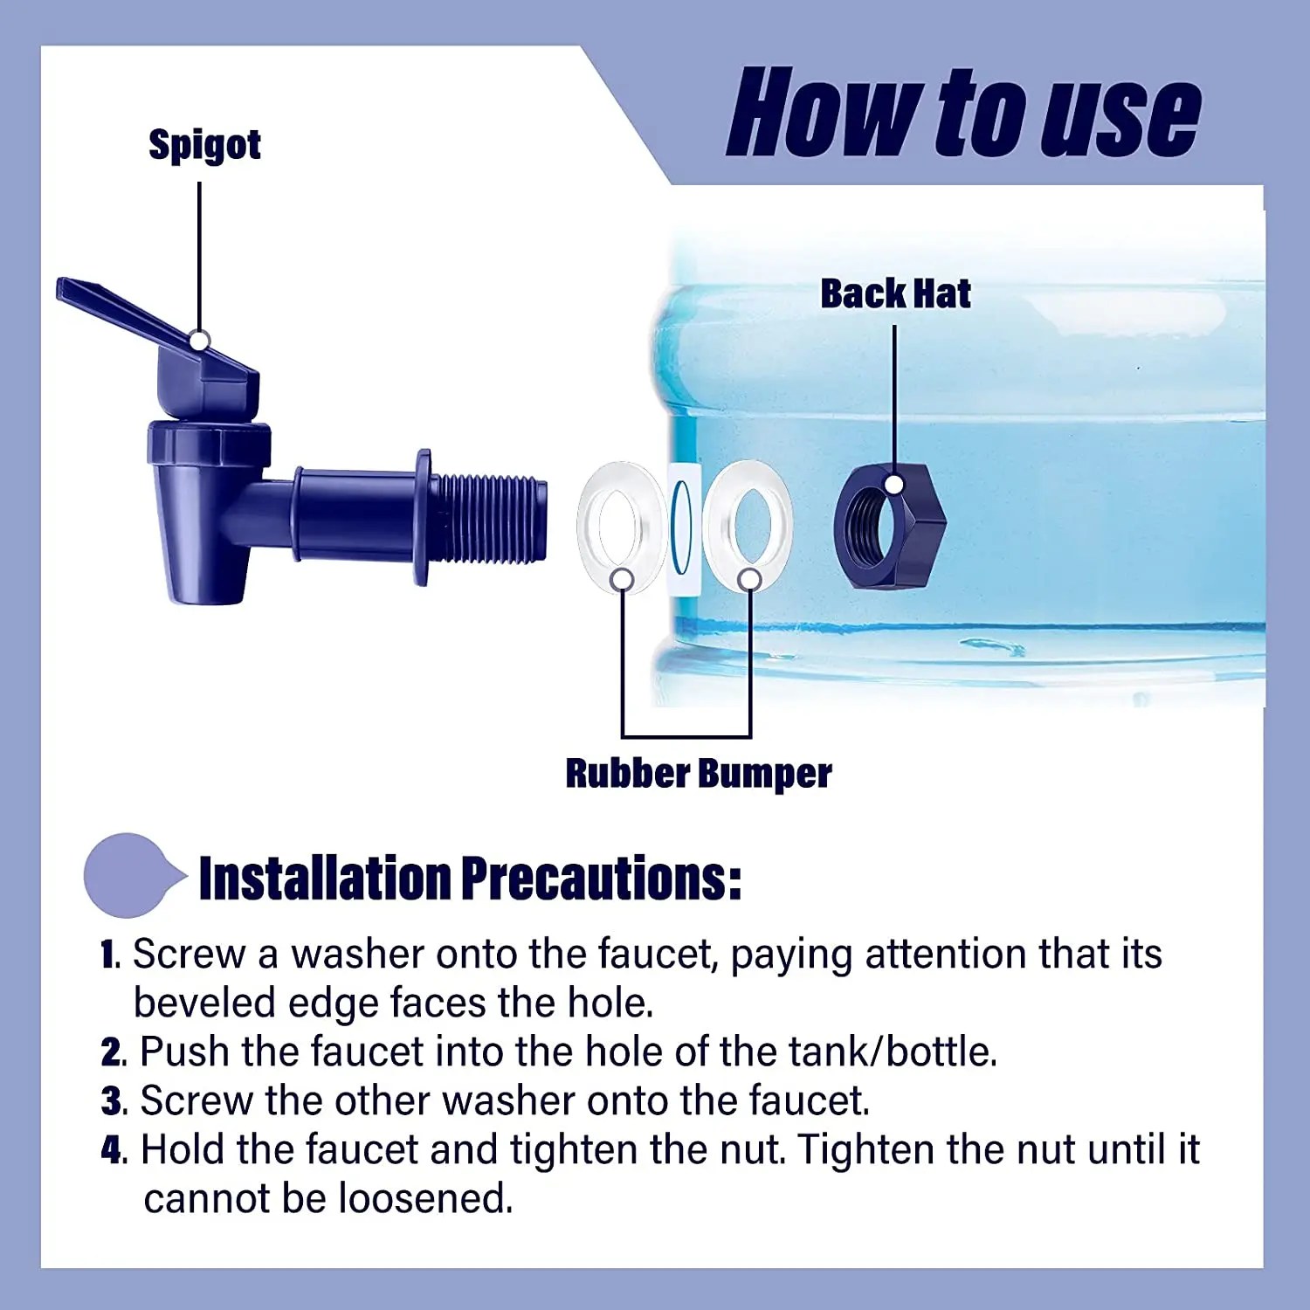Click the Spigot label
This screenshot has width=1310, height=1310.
click(204, 145)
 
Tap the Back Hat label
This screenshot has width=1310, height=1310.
click(895, 293)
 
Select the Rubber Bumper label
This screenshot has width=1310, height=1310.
click(698, 774)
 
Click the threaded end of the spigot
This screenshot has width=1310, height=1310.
click(489, 517)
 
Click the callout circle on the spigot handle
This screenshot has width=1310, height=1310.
click(200, 341)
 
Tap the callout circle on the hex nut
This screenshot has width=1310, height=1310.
click(894, 485)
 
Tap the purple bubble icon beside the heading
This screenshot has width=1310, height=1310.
click(129, 875)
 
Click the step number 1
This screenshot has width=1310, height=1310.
click(109, 955)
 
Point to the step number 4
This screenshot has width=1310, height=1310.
click(111, 1150)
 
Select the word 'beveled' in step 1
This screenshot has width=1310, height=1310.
click(203, 1003)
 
